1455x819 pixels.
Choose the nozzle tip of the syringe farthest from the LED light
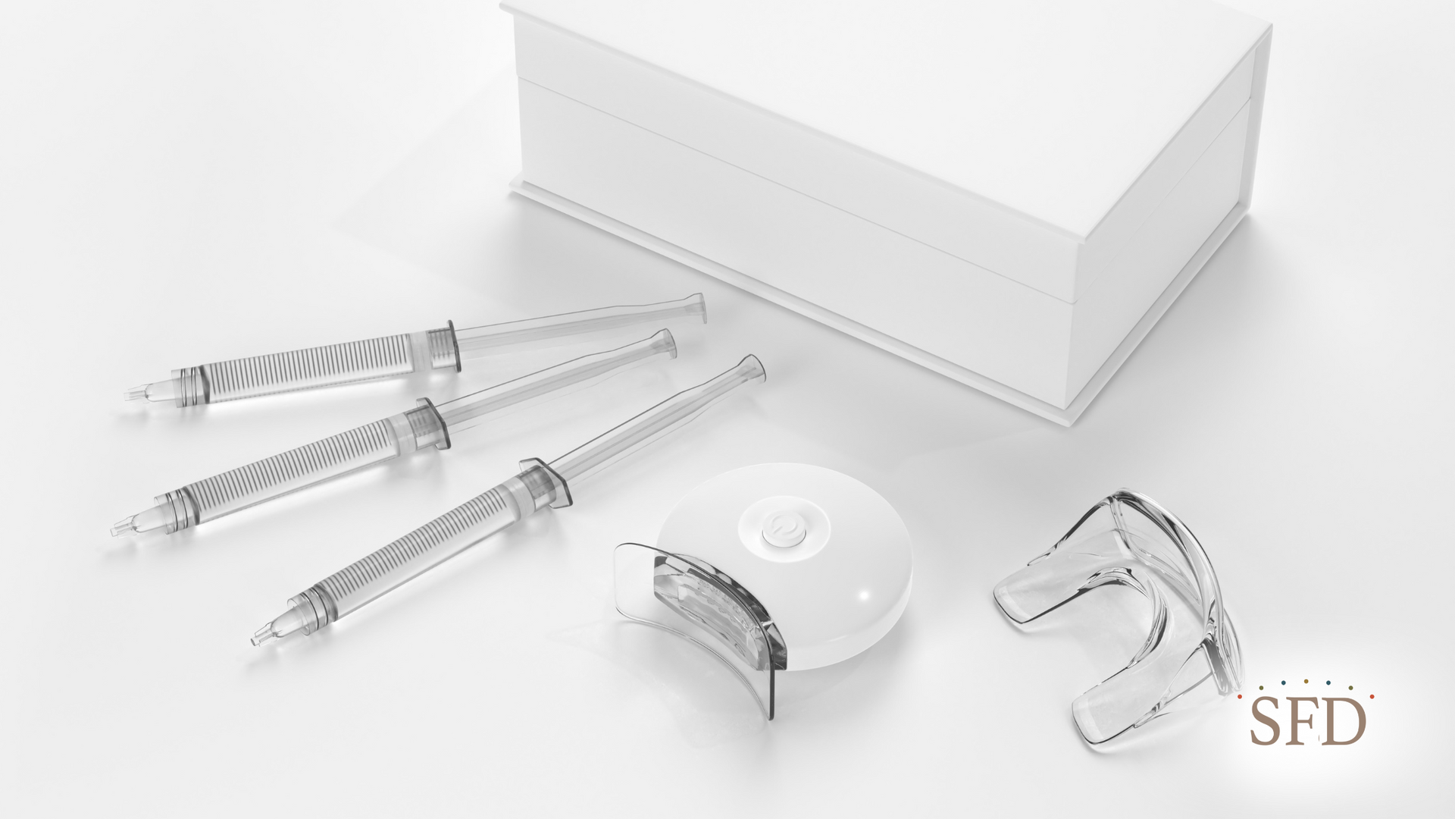point(134,395)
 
